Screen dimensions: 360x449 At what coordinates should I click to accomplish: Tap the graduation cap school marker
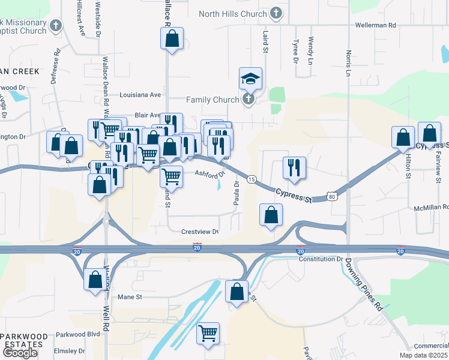click(251, 79)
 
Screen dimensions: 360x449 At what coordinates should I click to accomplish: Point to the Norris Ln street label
click(348, 63)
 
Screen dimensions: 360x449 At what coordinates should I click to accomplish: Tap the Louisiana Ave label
click(140, 95)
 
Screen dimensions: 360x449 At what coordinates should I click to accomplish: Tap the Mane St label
click(130, 296)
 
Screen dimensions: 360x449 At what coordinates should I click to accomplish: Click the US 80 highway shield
click(332, 197)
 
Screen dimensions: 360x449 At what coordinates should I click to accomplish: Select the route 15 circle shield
click(252, 179)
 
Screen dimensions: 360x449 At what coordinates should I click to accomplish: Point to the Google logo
click(20, 352)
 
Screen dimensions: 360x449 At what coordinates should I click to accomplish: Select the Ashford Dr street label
click(209, 173)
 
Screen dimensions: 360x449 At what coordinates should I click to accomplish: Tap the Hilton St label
click(408, 165)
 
